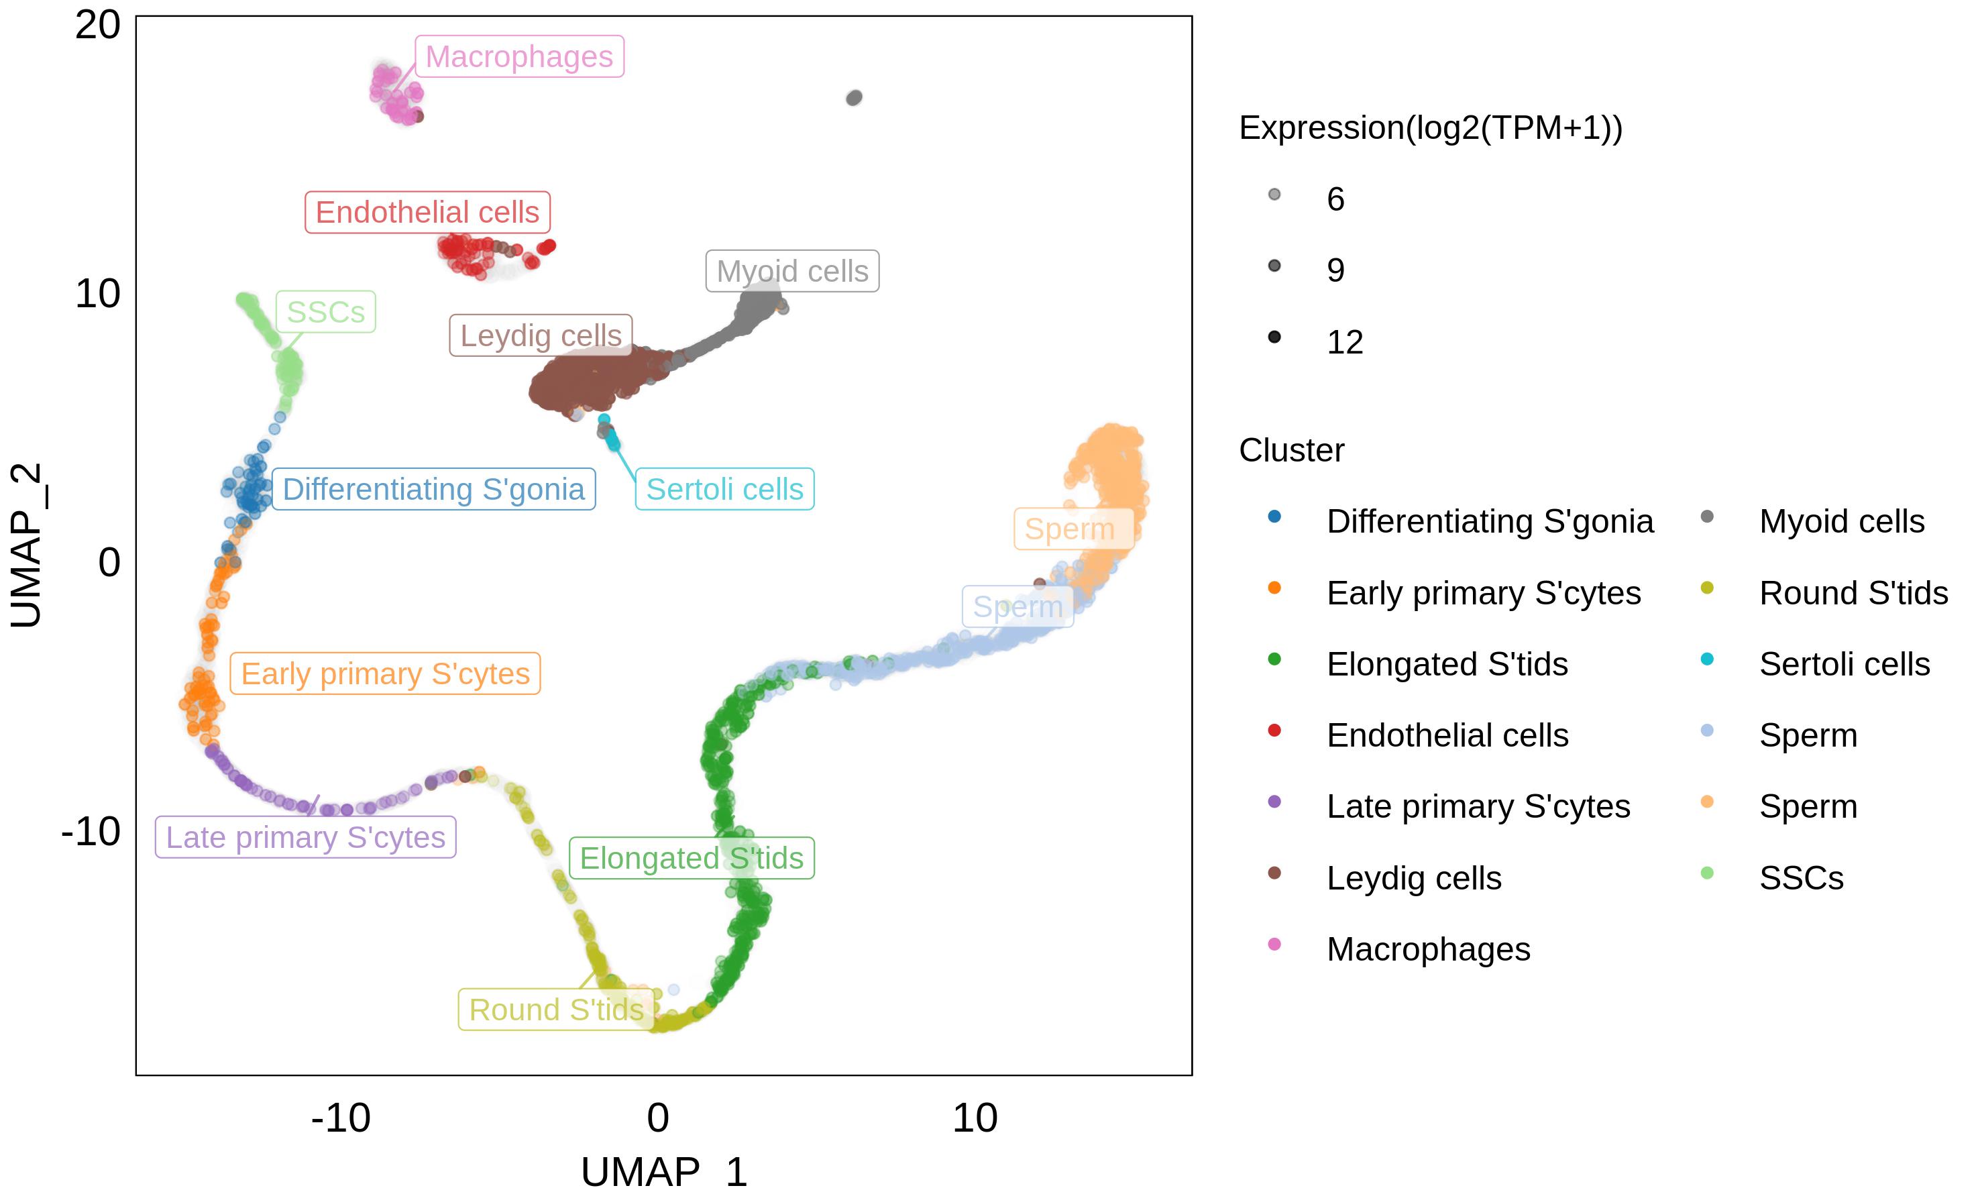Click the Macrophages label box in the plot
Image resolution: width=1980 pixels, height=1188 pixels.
(x=519, y=56)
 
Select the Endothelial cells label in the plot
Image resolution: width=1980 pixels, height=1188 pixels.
(x=427, y=212)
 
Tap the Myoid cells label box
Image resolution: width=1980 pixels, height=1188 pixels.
(x=792, y=270)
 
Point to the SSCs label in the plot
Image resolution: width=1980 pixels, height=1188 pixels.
(x=326, y=311)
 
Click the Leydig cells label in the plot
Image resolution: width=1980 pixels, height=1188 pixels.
(x=541, y=335)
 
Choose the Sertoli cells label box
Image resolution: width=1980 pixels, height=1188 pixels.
(x=724, y=489)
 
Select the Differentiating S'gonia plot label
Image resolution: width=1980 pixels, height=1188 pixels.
(x=434, y=489)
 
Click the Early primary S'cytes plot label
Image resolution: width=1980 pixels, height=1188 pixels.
(x=385, y=673)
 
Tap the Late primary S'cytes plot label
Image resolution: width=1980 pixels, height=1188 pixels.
(x=306, y=836)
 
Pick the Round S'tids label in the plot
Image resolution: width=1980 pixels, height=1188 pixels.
(x=556, y=1010)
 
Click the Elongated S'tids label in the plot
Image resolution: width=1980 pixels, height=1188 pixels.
(x=692, y=858)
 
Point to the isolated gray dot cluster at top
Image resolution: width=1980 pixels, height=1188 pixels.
(x=854, y=98)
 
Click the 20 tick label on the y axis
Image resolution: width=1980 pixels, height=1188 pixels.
(x=98, y=25)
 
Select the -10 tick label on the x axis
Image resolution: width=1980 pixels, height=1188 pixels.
(x=341, y=1118)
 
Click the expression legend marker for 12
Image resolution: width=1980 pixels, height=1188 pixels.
(x=1274, y=337)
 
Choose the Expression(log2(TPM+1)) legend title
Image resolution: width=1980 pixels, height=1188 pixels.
(x=1431, y=128)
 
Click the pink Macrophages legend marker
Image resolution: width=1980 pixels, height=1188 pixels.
(x=1274, y=944)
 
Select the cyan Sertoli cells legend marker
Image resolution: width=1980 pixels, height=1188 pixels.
(x=1707, y=659)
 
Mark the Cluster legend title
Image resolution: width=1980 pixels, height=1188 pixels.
(x=1292, y=450)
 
